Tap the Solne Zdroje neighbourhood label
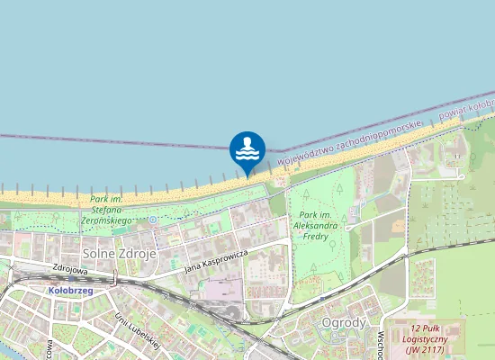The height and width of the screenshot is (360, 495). pos(120,254)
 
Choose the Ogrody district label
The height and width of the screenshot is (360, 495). pos(343,322)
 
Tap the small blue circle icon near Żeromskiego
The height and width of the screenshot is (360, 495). pos(153,219)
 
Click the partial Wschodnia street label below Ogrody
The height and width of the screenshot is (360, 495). pos(382,345)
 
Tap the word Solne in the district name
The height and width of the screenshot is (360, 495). pos(99,254)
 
